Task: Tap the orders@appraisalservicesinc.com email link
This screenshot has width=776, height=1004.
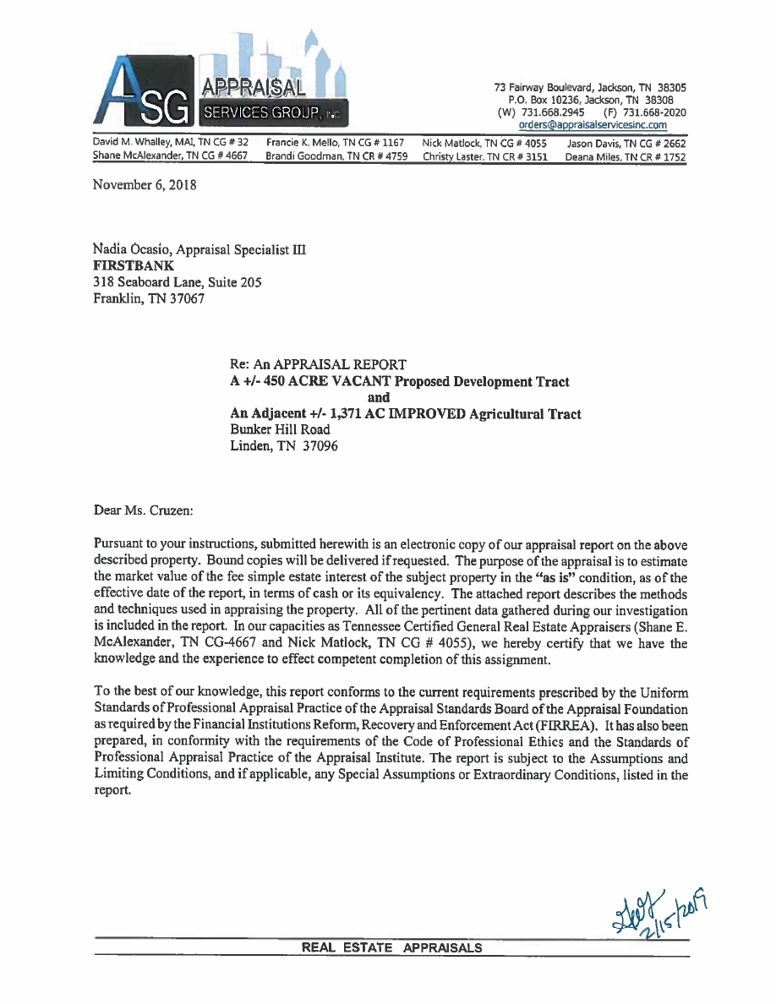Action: click(x=593, y=125)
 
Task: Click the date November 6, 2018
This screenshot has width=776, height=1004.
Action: click(x=145, y=184)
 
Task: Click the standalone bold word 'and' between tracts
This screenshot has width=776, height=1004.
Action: click(x=379, y=397)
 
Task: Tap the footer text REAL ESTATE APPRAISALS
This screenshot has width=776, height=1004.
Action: click(x=392, y=947)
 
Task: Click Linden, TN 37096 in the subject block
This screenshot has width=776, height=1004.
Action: click(x=283, y=445)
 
